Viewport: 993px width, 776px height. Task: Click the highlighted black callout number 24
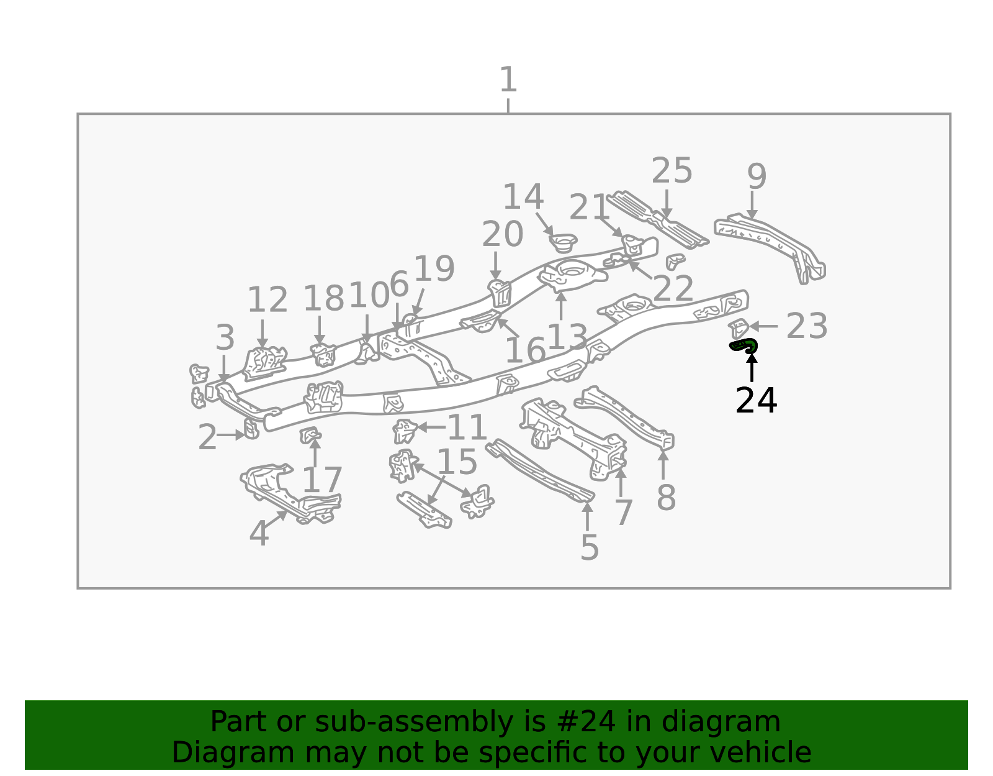pos(756,401)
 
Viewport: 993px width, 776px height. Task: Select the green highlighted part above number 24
pos(743,345)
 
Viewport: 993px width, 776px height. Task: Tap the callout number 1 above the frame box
pos(508,80)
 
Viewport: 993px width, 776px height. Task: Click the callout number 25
pos(672,171)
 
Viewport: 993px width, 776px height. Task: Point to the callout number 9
pos(757,176)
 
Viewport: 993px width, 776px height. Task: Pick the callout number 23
pos(807,326)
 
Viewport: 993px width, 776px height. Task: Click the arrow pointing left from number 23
pos(763,326)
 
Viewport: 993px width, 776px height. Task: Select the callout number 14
pos(523,197)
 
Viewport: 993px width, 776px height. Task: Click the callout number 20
pos(502,234)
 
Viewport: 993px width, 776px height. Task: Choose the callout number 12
pos(267,300)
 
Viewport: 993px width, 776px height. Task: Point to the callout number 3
pos(225,337)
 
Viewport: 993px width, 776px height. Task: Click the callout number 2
pos(207,437)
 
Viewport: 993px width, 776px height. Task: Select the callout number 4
pos(259,533)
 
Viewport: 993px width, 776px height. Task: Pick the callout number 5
pos(589,547)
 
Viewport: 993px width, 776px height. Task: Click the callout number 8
pos(666,498)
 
